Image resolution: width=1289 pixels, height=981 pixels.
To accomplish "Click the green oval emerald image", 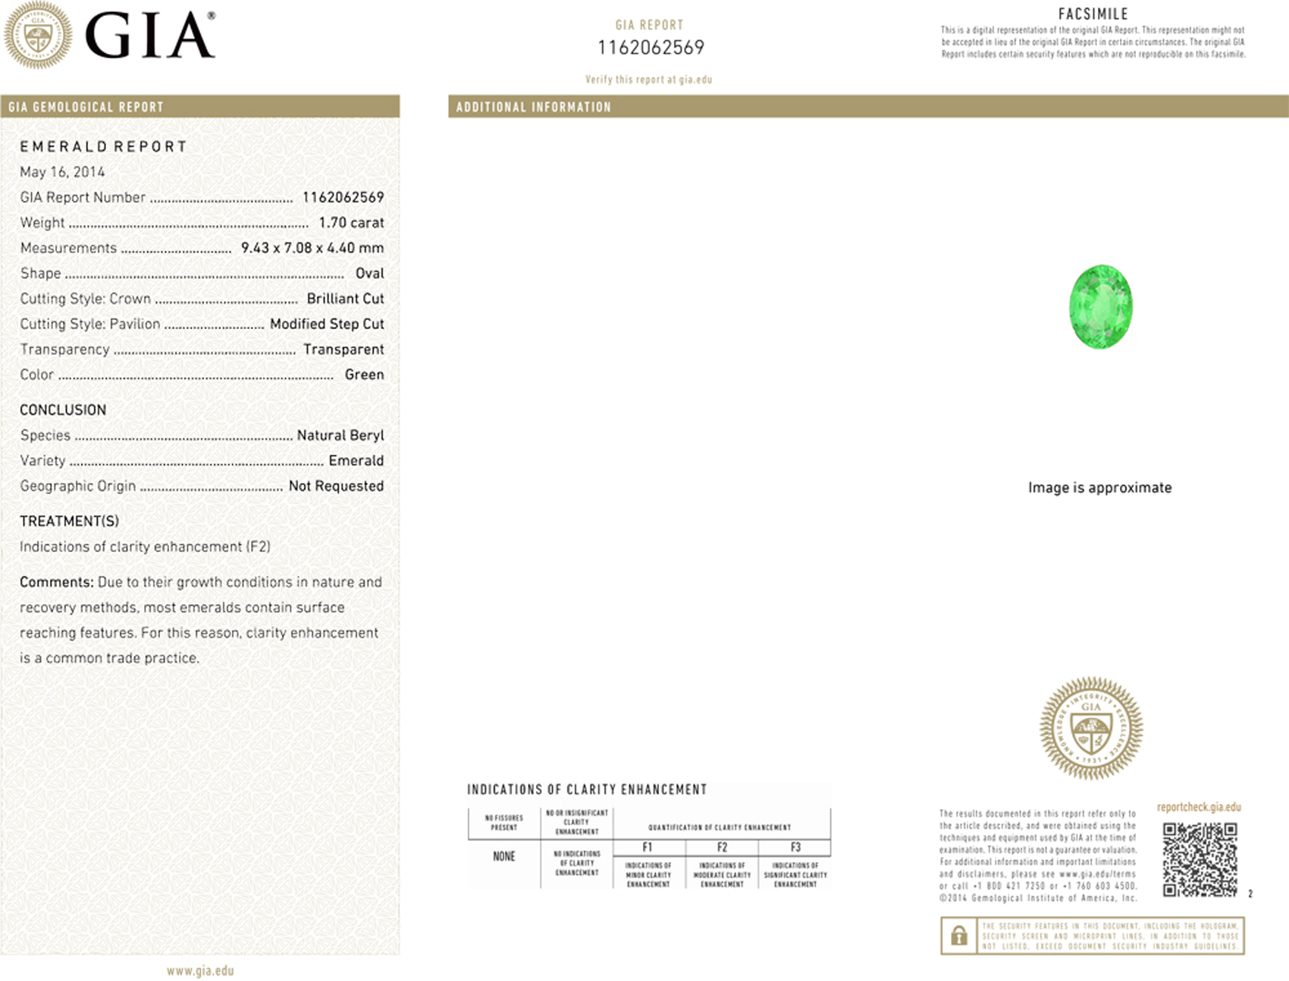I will (x=1100, y=306).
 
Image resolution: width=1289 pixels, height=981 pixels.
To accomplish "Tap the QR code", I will (x=1200, y=860).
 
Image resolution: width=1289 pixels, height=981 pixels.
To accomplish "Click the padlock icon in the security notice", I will (x=958, y=936).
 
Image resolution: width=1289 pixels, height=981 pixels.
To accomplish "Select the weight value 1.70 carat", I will (x=351, y=223).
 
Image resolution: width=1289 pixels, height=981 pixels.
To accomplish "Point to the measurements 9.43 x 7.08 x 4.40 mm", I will (x=312, y=248).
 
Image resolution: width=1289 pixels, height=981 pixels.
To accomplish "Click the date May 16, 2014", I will (x=62, y=172).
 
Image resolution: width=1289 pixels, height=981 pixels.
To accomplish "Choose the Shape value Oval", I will (x=369, y=274).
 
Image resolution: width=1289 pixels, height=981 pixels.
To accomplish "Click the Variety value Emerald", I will (x=356, y=461).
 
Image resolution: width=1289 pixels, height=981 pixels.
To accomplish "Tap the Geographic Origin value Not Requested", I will (x=336, y=486).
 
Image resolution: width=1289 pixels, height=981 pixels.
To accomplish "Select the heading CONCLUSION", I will (x=63, y=410).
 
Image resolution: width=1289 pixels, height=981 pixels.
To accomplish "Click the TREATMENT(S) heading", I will (x=69, y=522).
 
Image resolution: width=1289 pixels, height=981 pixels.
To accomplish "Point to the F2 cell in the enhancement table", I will (x=722, y=848).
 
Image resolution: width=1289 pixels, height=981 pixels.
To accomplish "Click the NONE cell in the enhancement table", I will (x=503, y=857).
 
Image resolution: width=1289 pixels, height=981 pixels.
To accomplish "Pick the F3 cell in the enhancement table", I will (x=795, y=848).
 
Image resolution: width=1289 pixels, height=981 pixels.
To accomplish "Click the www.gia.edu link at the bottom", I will (x=200, y=971).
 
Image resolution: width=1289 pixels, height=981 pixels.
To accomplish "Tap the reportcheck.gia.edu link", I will (x=1199, y=807).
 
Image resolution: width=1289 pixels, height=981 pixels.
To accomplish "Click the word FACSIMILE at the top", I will (x=1093, y=14).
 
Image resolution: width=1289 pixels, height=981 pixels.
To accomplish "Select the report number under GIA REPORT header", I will (x=651, y=48).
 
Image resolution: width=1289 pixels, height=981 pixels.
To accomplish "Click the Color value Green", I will (x=364, y=375).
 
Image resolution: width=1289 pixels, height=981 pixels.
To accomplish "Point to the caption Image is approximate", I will (x=1099, y=487).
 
